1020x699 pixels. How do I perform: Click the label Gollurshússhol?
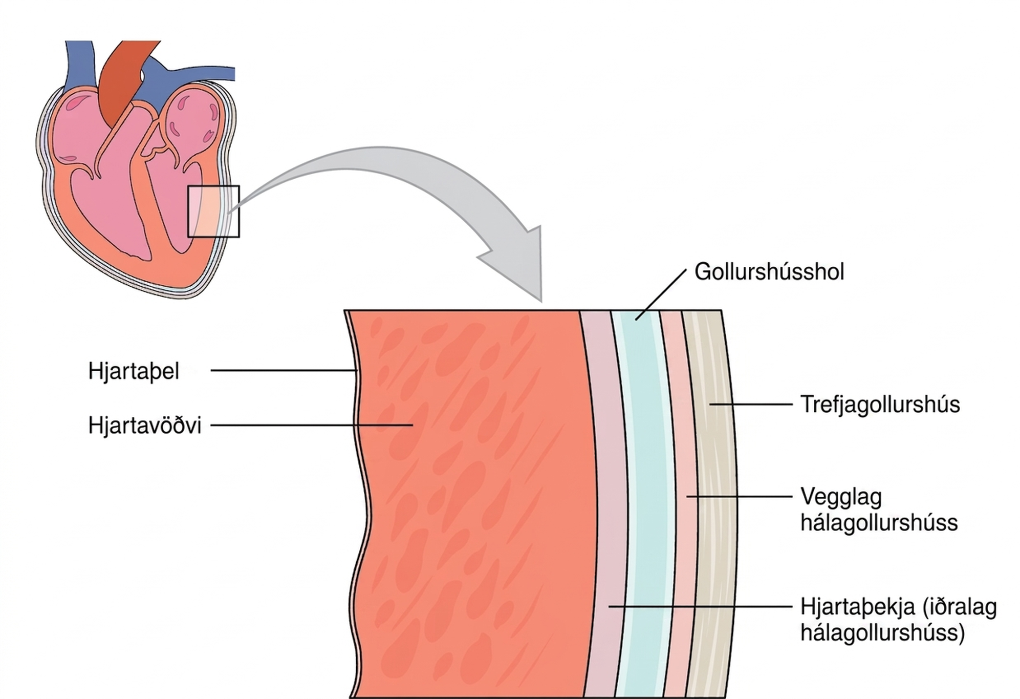pos(769,271)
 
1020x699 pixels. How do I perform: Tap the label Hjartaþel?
pos(134,371)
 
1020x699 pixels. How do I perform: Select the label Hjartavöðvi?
pos(145,426)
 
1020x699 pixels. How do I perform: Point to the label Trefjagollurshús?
pos(880,405)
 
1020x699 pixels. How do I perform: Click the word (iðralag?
pos(960,607)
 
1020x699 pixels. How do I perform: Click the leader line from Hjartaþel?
pos(283,370)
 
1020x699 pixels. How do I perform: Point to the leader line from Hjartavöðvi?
pos(312,425)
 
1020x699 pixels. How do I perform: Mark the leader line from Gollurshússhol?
pos(660,295)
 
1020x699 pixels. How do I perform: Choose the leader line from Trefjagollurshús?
pos(751,404)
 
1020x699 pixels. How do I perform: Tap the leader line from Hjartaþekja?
pos(701,606)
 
